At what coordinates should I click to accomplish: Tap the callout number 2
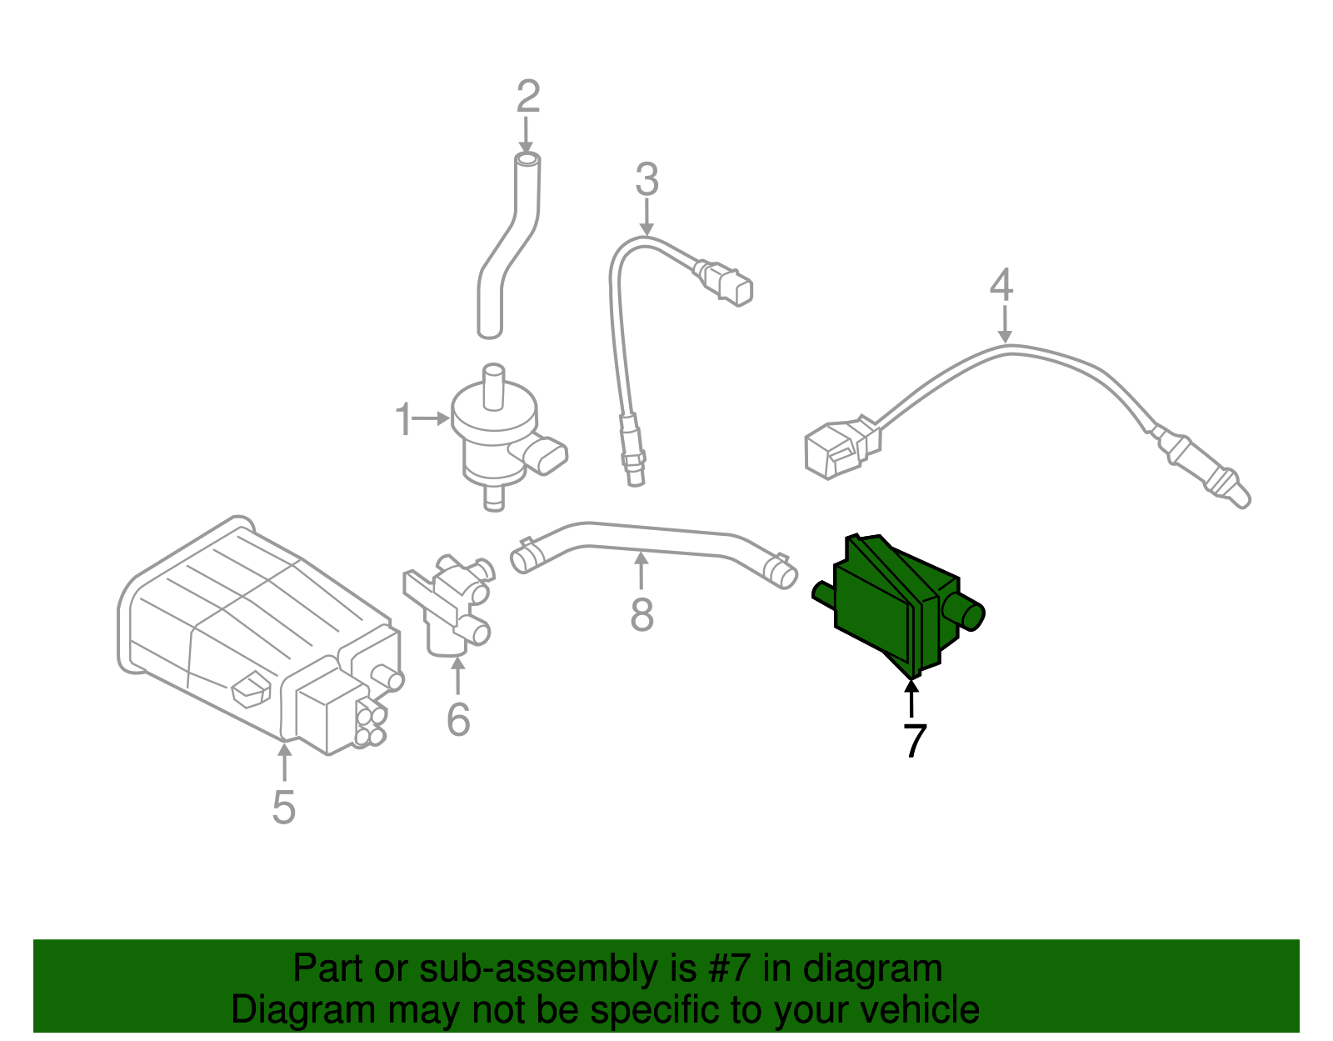[528, 97]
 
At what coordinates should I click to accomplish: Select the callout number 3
[647, 179]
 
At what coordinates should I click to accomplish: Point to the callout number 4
[1001, 284]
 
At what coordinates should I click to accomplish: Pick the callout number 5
[284, 807]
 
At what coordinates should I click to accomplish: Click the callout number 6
[458, 719]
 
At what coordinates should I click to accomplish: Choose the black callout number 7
[915, 741]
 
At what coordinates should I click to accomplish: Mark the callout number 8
[642, 614]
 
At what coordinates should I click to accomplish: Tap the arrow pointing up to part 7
[911, 698]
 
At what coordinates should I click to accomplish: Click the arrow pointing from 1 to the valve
[431, 419]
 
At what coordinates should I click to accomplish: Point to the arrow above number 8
[641, 570]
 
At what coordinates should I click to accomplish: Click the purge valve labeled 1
[503, 437]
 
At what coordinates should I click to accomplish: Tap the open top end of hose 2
[527, 160]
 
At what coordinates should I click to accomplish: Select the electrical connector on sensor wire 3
[725, 284]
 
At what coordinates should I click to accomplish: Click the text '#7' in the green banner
[728, 968]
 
